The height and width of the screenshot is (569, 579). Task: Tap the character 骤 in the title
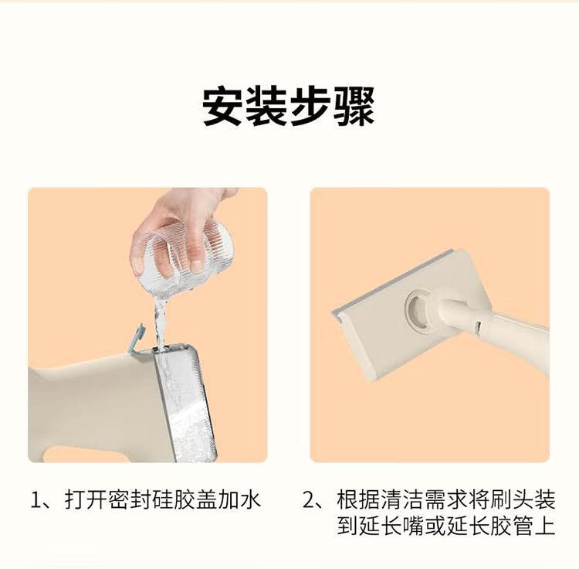(x=354, y=107)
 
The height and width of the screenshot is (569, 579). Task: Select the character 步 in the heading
(x=310, y=107)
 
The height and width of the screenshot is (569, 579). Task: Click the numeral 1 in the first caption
(x=36, y=500)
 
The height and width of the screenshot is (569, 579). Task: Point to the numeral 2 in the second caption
(x=309, y=500)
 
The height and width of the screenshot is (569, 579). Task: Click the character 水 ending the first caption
(x=250, y=499)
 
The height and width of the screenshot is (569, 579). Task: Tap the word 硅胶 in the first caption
(x=174, y=499)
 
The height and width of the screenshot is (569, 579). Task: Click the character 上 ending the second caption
(x=545, y=525)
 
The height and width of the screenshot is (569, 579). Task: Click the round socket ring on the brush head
(x=418, y=308)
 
